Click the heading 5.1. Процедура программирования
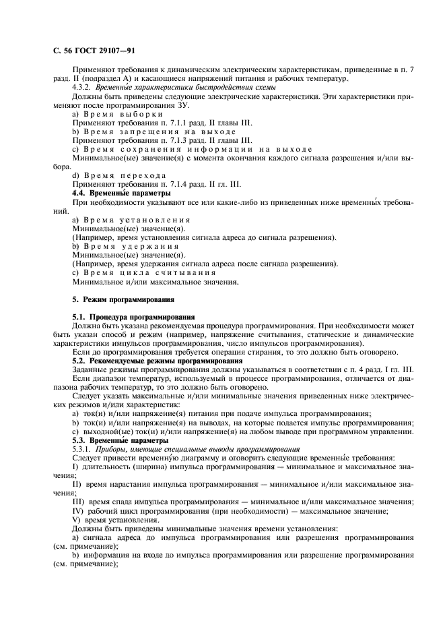(x=133, y=315)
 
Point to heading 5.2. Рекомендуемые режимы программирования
(x=157, y=360)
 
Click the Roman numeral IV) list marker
(x=77, y=510)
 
